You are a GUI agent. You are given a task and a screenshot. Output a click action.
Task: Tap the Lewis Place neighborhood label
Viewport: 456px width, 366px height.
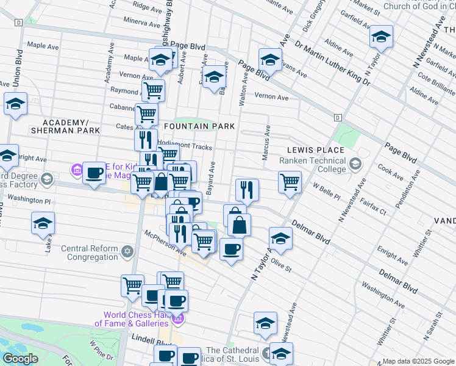316,150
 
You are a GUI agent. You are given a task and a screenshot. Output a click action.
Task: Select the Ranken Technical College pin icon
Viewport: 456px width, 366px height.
355,163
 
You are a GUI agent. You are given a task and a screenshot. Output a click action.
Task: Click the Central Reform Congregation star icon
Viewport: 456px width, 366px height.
127,251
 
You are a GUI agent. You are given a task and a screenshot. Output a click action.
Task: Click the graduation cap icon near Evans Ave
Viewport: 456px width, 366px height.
270,60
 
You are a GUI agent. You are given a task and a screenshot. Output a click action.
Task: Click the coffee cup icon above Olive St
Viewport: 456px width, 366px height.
231,249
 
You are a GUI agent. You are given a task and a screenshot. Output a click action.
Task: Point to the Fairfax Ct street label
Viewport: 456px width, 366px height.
373,206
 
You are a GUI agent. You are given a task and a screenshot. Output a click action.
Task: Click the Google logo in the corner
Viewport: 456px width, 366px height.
21,359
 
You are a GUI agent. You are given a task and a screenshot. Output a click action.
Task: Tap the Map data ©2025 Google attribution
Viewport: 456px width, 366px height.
418,361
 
